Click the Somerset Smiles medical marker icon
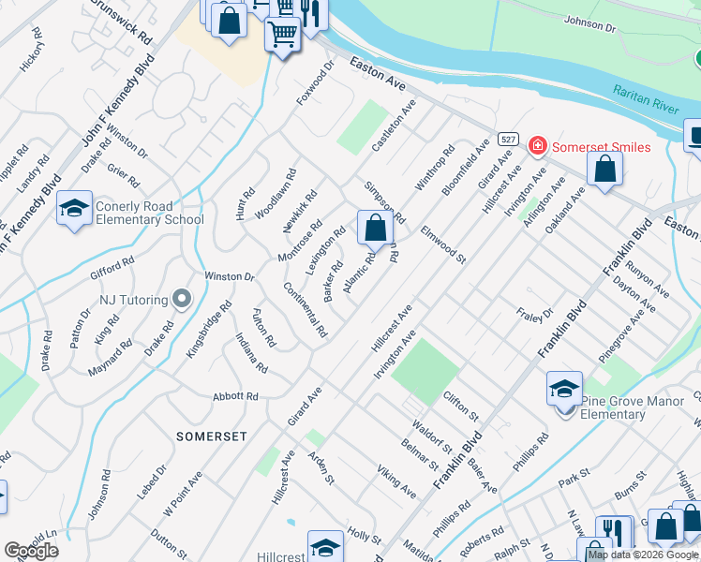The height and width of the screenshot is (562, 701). click(x=537, y=145)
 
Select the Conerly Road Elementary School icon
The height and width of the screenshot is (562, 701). click(x=74, y=209)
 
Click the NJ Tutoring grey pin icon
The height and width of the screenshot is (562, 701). click(x=182, y=300)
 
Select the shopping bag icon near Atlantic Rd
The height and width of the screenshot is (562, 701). click(x=375, y=227)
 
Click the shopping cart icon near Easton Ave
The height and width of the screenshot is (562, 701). click(x=282, y=37)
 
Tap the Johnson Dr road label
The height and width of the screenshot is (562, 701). click(x=590, y=23)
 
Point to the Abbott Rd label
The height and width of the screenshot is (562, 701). click(x=235, y=396)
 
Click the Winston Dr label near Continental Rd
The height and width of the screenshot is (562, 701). click(x=230, y=276)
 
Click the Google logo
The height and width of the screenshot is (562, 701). click(x=32, y=551)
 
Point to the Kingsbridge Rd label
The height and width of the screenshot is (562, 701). click(x=208, y=330)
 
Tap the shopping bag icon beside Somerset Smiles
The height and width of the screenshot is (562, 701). click(x=605, y=170)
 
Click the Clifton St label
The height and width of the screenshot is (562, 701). click(x=461, y=406)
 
